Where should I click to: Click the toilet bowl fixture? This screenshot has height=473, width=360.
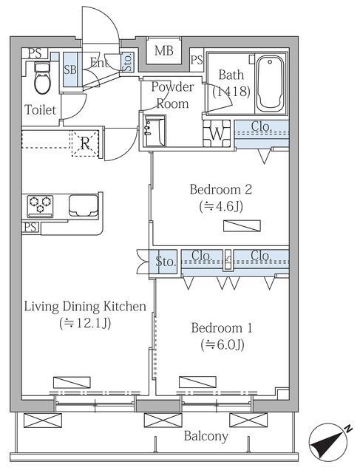(41, 78)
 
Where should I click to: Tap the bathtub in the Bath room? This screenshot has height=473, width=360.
(270, 84)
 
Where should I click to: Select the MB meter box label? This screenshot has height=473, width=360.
(164, 50)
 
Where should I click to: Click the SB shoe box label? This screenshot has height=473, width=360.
(70, 69)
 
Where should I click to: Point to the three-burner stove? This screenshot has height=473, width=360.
(40, 206)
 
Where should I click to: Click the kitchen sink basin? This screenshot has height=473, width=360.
(84, 205)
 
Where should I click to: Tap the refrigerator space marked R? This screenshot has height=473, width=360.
(86, 143)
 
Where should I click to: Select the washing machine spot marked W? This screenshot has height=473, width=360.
(217, 133)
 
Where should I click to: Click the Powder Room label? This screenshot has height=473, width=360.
(172, 95)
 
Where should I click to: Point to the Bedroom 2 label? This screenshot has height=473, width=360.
(221, 189)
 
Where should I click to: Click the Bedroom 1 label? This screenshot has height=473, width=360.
(222, 328)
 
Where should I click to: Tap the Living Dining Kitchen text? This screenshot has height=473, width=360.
(85, 307)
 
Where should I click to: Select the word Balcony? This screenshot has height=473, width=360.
(206, 436)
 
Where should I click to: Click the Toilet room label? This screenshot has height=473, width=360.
(40, 109)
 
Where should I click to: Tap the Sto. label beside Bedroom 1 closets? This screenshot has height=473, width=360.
(166, 262)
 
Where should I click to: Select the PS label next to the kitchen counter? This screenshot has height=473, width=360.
(30, 227)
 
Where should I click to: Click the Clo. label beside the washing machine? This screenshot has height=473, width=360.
(262, 126)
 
